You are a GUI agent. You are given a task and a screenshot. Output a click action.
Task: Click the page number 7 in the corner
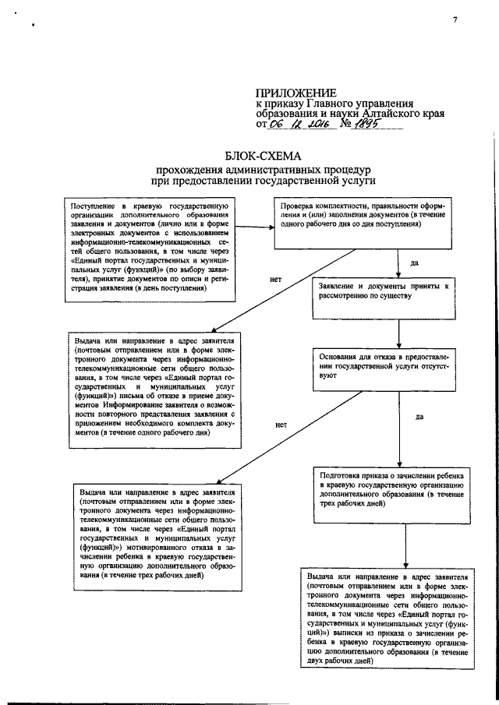(x=454, y=21)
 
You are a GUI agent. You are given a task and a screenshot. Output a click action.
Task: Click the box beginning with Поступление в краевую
(x=148, y=244)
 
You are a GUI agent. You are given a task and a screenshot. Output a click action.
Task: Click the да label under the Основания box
(x=419, y=418)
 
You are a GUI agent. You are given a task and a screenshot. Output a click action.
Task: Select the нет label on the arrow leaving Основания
(x=281, y=425)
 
